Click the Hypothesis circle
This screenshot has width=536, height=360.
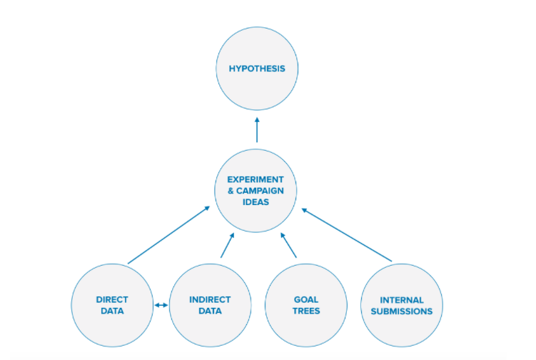click(x=257, y=69)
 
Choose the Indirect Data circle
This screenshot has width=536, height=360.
click(x=210, y=305)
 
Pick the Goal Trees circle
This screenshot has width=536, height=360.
click(x=306, y=305)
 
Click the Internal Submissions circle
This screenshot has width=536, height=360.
click(x=402, y=305)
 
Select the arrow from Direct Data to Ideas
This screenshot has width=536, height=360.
click(x=168, y=235)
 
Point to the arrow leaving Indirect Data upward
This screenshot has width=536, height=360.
click(x=227, y=244)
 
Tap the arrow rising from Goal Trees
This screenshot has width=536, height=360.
click(x=288, y=244)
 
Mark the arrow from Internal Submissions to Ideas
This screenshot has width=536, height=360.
click(x=346, y=234)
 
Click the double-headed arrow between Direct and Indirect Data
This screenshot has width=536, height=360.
click(x=161, y=306)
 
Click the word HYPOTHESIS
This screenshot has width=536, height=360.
click(x=257, y=69)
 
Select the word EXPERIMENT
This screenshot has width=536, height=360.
click(x=256, y=179)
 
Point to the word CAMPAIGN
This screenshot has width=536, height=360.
click(x=262, y=191)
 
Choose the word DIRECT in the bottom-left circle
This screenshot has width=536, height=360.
click(x=112, y=300)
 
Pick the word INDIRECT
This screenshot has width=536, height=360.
click(x=210, y=300)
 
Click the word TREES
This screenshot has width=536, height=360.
click(x=306, y=311)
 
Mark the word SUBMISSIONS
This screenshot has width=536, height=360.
click(x=402, y=311)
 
